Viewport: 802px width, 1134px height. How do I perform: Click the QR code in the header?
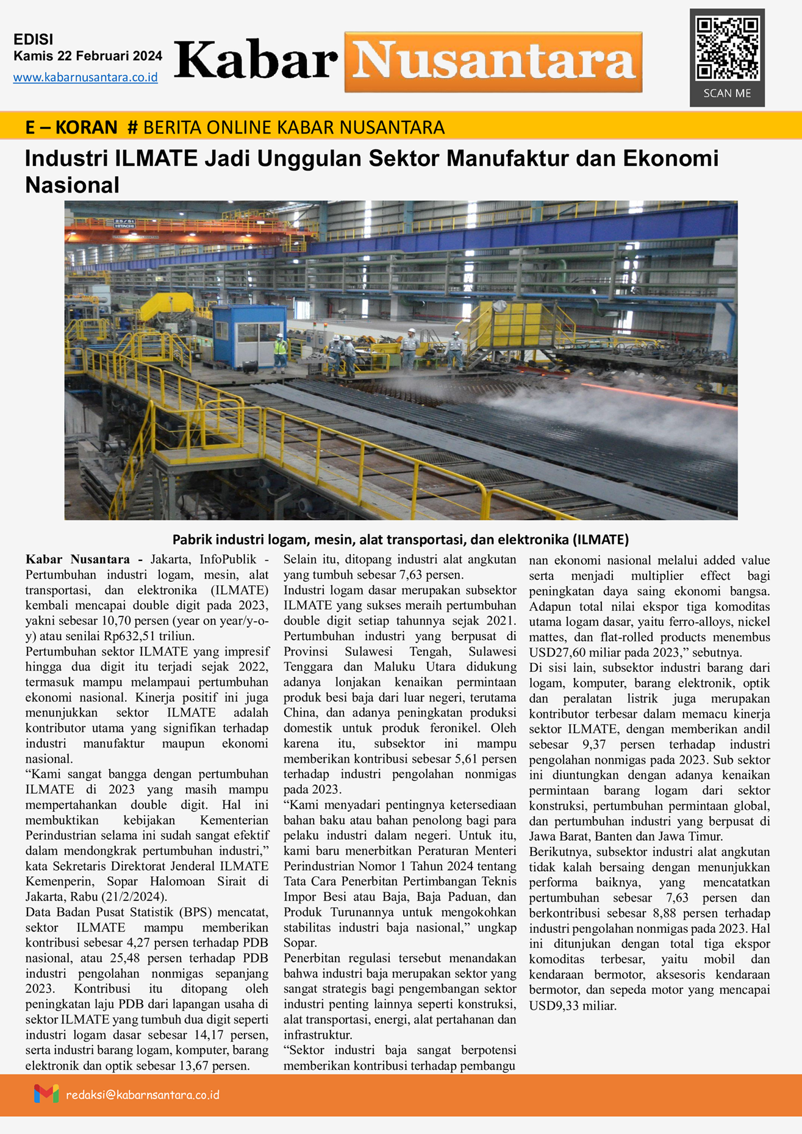tap(727, 49)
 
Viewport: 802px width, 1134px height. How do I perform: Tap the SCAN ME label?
tap(727, 93)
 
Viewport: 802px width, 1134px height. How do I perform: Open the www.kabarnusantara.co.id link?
tap(85, 77)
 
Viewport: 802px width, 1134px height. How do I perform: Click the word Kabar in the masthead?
tap(256, 61)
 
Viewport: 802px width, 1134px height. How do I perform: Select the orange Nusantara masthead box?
tap(493, 62)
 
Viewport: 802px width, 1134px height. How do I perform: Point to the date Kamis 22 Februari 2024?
tap(88, 56)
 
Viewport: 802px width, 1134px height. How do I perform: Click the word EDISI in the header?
tap(34, 40)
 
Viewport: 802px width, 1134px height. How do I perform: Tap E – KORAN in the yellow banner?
tap(71, 127)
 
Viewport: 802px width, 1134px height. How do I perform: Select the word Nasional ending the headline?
tap(72, 185)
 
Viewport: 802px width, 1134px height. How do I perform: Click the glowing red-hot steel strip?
tap(659, 396)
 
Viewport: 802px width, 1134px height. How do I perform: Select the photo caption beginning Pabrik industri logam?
tap(400, 539)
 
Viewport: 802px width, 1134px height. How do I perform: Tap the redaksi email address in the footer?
tap(143, 1095)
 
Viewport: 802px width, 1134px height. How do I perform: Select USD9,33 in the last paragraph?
tap(556, 1006)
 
